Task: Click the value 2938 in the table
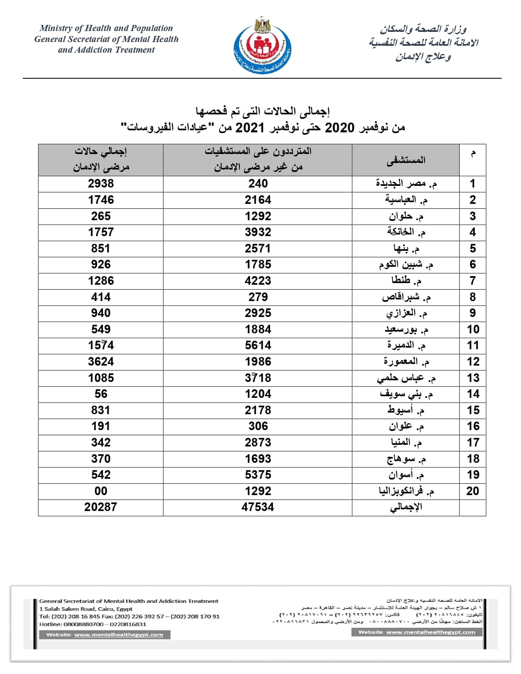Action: tap(101, 184)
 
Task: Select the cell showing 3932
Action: tap(258, 232)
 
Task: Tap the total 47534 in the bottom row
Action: tap(257, 507)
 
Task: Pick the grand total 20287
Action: tap(101, 507)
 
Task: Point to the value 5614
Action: tap(258, 346)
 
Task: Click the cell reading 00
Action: tap(101, 491)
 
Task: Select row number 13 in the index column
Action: tap(473, 378)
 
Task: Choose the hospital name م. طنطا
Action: tap(406, 281)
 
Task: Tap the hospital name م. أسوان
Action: tap(406, 475)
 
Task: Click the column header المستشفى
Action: tap(406, 160)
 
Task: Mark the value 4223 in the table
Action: tap(258, 281)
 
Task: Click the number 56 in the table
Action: tap(101, 394)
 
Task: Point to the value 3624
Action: tap(101, 362)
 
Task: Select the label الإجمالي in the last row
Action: tap(406, 507)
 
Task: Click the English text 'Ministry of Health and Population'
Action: tap(106, 28)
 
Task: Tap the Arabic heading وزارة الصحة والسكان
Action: tap(423, 29)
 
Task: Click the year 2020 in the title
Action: tap(339, 128)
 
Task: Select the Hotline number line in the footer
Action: tap(93, 624)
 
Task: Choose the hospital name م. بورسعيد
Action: tap(406, 329)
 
